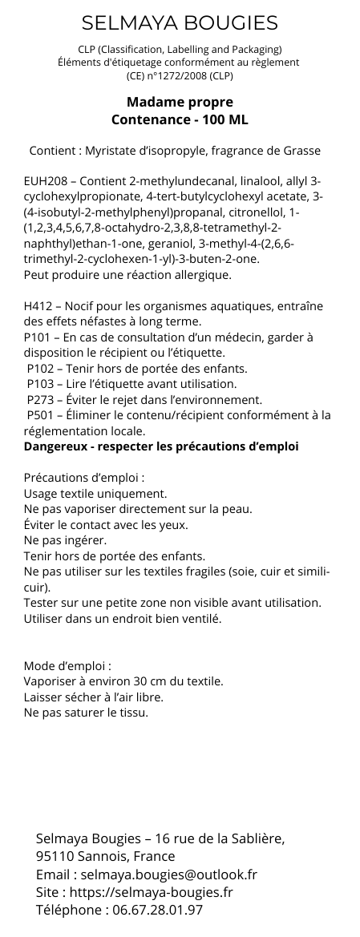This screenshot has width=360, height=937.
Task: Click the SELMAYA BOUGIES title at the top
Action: (180, 22)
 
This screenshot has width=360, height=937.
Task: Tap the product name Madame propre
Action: (180, 103)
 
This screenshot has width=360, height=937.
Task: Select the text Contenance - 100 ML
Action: (180, 119)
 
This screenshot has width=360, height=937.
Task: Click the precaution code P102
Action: (42, 369)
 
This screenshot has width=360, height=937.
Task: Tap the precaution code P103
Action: (42, 384)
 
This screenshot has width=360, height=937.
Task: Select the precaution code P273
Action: (42, 399)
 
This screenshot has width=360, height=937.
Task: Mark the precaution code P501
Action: (42, 414)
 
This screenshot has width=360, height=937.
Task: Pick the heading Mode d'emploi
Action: (67, 665)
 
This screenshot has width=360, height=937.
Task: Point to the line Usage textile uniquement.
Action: (95, 493)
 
